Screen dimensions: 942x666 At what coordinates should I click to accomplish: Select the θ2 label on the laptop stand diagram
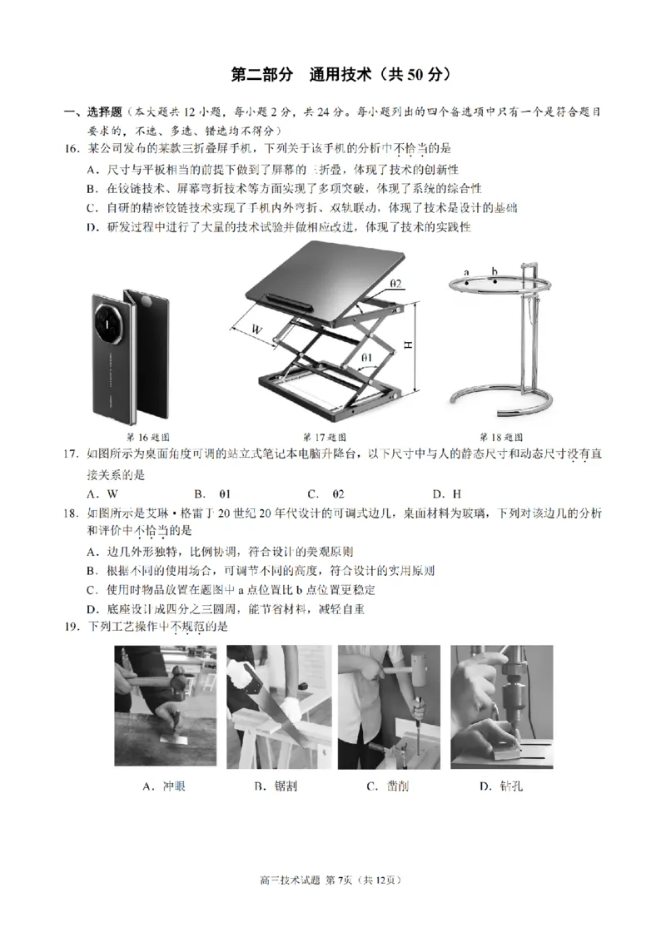[x=395, y=284]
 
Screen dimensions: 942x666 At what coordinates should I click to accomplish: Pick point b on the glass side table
[x=494, y=272]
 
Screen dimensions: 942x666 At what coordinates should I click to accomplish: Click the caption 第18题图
[x=500, y=437]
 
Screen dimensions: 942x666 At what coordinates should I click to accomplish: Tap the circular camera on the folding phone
[x=111, y=320]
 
